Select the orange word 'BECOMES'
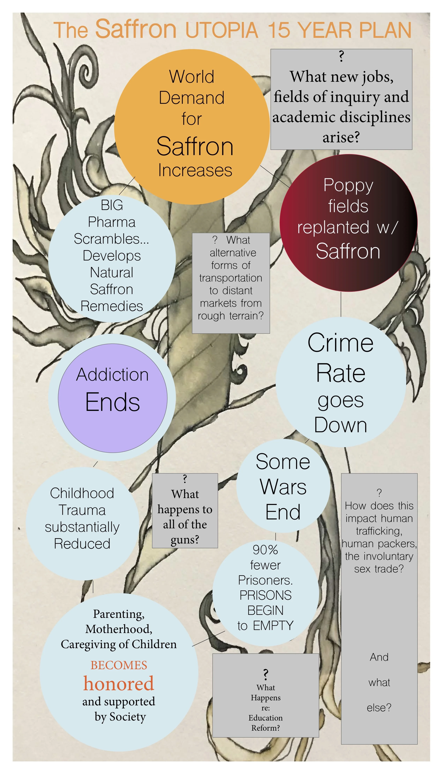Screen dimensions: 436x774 click(x=119, y=665)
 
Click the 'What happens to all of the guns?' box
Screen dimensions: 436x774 click(x=185, y=511)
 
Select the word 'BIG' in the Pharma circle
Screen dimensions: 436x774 click(x=112, y=205)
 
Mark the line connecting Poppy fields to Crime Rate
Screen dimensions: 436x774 click(x=341, y=304)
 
